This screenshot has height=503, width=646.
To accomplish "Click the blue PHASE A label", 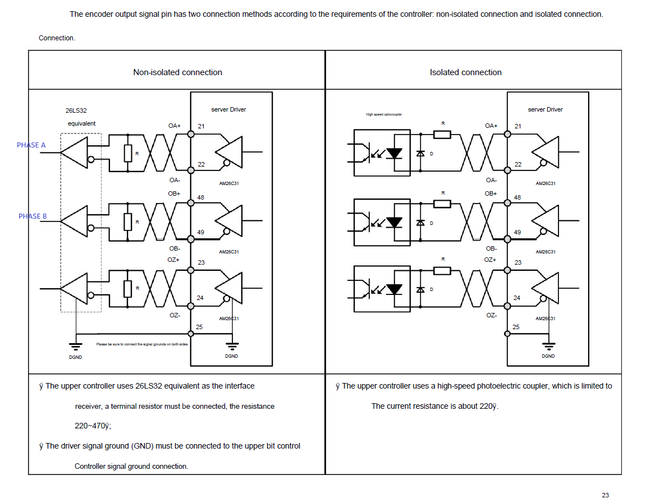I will (31, 145).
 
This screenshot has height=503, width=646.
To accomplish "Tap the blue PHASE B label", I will (33, 216).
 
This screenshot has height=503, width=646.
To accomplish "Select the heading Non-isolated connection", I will (177, 72).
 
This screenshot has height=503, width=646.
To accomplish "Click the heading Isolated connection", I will (465, 72).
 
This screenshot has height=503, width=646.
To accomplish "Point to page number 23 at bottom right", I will (605, 495).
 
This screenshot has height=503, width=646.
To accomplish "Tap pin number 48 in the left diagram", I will (201, 198).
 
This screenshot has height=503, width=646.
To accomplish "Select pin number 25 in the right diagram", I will (516, 327).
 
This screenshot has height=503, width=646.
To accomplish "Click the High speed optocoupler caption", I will (384, 114).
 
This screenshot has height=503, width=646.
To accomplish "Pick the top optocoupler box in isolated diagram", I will (382, 153).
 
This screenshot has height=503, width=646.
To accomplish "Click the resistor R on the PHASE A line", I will (128, 153).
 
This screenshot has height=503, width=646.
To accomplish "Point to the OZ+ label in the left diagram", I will (173, 260).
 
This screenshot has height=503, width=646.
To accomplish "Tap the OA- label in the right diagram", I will (491, 180).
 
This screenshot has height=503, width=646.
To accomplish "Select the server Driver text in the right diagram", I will (545, 109).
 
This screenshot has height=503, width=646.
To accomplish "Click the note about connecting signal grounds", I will (141, 344).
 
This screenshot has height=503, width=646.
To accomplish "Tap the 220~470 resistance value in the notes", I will (93, 426).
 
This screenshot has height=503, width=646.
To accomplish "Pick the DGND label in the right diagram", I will (548, 356).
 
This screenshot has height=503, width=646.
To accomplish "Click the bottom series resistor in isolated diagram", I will (442, 271).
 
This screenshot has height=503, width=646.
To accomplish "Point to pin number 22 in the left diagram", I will (201, 164).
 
